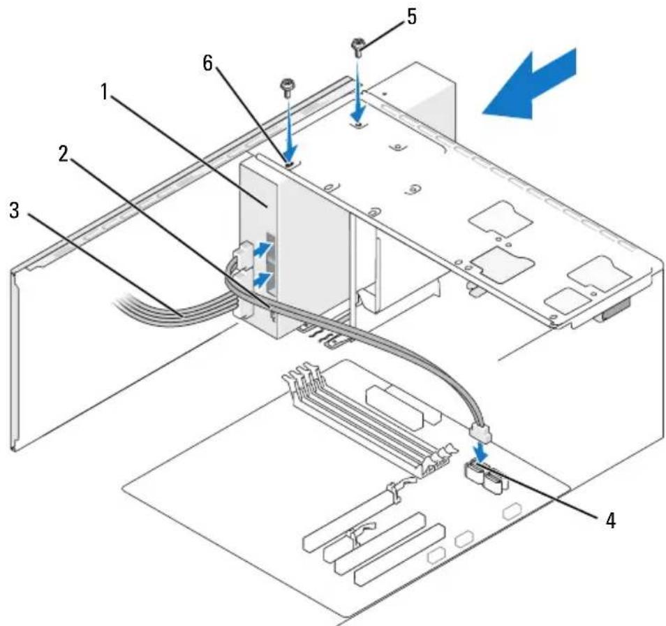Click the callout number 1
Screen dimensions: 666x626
[105, 93]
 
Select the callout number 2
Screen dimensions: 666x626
[64, 154]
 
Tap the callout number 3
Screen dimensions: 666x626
[14, 210]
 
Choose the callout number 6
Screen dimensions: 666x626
[207, 64]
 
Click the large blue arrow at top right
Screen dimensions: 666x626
[530, 85]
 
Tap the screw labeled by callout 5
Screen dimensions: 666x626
[357, 48]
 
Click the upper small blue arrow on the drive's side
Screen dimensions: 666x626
[262, 249]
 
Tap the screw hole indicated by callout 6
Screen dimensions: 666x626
[290, 165]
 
